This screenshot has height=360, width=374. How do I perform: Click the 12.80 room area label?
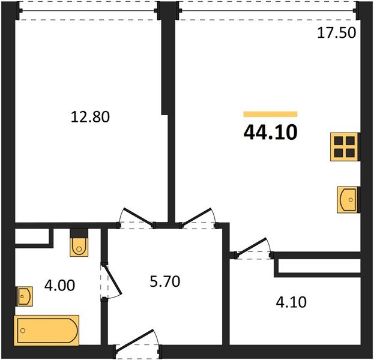(90, 117)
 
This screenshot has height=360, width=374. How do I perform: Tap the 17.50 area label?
(336, 32)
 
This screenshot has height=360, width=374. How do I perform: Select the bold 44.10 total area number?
(271, 133)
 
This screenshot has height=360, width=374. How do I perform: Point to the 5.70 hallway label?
(165, 281)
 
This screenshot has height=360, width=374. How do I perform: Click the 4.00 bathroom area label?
(59, 285)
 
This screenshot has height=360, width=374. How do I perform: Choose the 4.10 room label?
(291, 302)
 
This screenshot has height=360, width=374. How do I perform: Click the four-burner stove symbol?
(344, 147)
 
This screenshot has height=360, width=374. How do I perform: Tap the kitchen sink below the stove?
(347, 200)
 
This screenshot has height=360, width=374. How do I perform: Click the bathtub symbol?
(46, 330)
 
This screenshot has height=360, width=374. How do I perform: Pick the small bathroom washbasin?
(25, 296)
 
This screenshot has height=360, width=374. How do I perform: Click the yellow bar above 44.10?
(271, 114)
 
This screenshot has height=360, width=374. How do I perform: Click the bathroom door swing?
(111, 281)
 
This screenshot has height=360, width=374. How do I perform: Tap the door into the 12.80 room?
(137, 218)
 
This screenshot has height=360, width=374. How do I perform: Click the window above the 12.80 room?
(88, 11)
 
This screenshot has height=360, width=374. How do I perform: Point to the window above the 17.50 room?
(267, 11)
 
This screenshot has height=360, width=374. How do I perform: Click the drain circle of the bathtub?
(23, 331)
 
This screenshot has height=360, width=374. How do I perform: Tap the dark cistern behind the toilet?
(79, 233)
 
